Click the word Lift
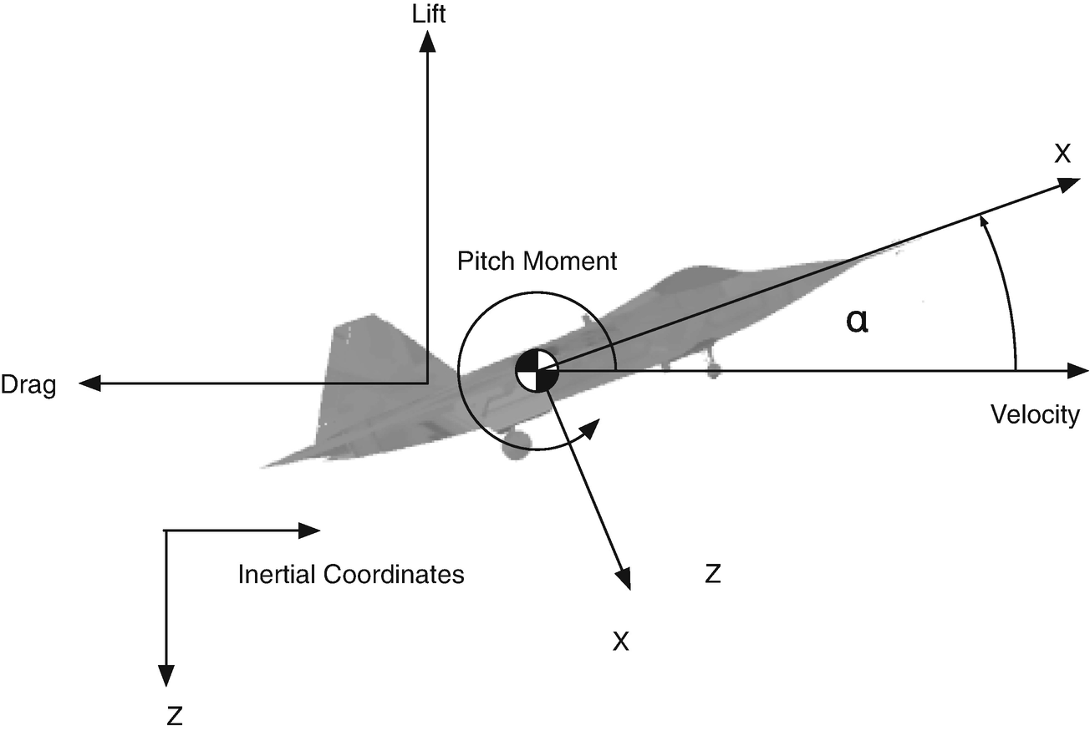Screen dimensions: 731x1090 pos(427,14)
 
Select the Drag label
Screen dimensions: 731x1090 pos(28,386)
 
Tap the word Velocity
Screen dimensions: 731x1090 pos(1035,414)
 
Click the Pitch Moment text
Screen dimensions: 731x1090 pos(537,261)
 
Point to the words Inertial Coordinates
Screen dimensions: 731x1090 pos(351,575)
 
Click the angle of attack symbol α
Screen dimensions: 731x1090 pos(857,322)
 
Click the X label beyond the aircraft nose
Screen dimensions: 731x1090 pos(1062,154)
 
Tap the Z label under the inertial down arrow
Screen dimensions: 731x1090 pos(175,715)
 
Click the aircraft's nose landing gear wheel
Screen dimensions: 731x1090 pos(712,369)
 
